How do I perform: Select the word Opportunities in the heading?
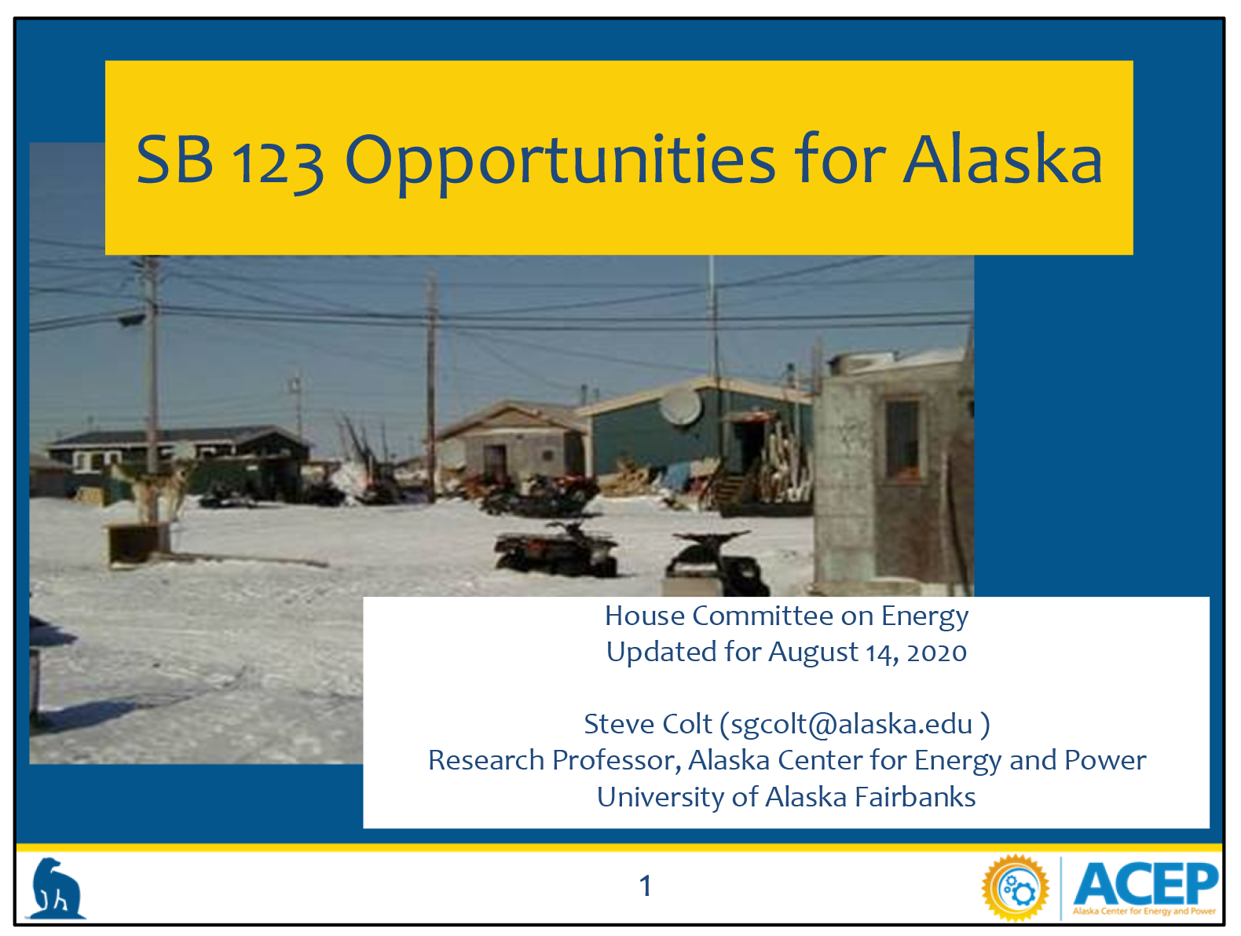[x=560, y=163]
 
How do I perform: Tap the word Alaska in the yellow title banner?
[x=1002, y=159]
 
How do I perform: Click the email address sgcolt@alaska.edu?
[x=851, y=725]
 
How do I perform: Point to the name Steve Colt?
[x=648, y=724]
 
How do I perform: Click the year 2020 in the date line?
[x=937, y=653]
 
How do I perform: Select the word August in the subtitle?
[x=812, y=653]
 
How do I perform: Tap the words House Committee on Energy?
[x=786, y=616]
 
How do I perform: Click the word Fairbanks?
[x=915, y=797]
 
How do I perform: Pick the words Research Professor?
[x=555, y=761]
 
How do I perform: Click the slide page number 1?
[x=645, y=886]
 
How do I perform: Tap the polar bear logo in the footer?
[x=56, y=889]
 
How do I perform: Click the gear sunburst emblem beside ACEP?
[x=1016, y=888]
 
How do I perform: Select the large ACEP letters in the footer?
[x=1145, y=884]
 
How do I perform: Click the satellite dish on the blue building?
[x=680, y=406]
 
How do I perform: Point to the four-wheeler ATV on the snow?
[x=556, y=548]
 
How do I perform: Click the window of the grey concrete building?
[x=902, y=440]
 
